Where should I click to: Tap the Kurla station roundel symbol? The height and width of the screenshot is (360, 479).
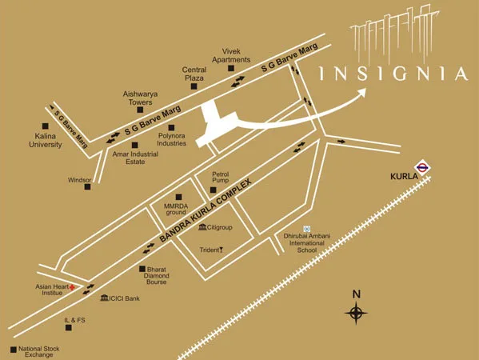[x=424, y=167]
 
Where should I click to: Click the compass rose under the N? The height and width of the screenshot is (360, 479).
[x=356, y=314]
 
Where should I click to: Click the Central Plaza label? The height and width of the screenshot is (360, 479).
[x=194, y=74]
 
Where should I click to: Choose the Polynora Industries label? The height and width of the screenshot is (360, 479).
[x=171, y=139]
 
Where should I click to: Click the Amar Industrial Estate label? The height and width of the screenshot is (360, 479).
[x=128, y=158]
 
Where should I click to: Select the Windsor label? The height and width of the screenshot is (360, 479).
[x=79, y=181]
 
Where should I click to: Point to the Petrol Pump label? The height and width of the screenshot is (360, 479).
[x=220, y=178]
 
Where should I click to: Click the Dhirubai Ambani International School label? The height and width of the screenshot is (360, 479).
[x=301, y=243]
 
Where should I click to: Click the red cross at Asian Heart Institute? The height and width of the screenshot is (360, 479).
[x=73, y=286]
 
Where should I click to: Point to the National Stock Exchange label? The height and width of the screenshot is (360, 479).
[x=39, y=352]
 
